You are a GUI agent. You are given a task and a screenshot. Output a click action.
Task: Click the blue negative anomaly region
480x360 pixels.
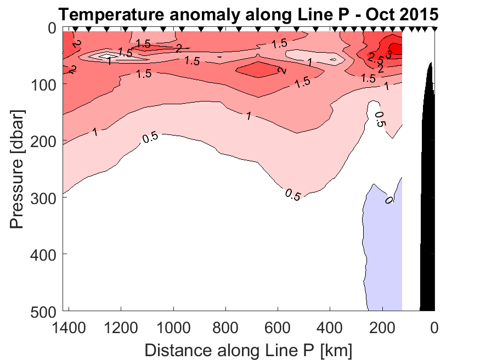[382, 247]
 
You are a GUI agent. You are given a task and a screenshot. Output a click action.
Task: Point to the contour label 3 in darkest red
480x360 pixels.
[389, 54]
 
